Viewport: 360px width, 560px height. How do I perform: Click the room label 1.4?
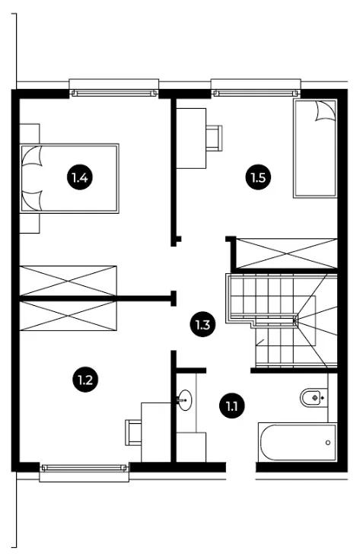(x=80, y=177)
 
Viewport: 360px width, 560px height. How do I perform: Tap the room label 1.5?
(x=259, y=177)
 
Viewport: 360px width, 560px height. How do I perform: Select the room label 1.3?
(x=202, y=325)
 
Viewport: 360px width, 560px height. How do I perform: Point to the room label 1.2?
(x=85, y=379)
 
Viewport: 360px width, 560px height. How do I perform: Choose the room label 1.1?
(x=232, y=406)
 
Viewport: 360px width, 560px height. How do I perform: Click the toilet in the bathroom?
(x=314, y=397)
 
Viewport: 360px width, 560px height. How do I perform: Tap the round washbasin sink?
(x=185, y=400)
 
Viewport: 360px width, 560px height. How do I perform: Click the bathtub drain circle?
(x=328, y=443)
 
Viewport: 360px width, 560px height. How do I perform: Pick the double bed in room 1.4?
(x=69, y=178)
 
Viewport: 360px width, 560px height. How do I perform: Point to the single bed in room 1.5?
(x=315, y=148)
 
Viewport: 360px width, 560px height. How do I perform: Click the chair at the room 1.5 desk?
(x=215, y=138)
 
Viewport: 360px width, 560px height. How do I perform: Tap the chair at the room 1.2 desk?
(x=133, y=432)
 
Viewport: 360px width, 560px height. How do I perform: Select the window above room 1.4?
(x=114, y=93)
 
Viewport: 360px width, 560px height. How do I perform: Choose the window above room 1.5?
(x=256, y=93)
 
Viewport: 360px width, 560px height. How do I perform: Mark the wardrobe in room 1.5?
(x=287, y=253)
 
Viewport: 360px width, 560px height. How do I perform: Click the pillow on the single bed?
(x=325, y=111)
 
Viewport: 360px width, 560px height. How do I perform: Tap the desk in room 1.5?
(x=192, y=138)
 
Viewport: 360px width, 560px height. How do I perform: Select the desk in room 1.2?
(x=156, y=432)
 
